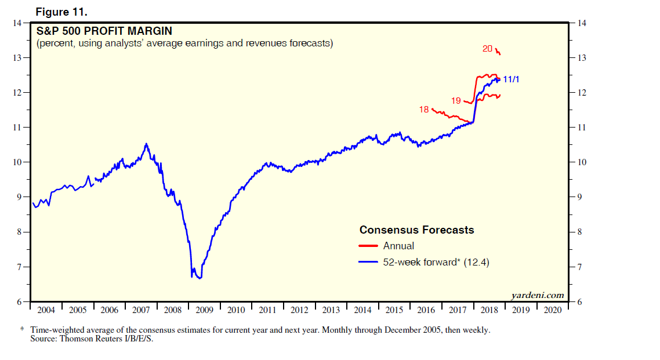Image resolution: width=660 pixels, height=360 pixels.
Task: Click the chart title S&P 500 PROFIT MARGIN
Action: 104,31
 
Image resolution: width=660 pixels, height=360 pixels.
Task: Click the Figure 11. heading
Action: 66,12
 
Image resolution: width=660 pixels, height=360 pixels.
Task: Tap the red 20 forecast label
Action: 488,49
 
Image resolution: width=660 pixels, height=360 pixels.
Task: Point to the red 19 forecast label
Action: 456,101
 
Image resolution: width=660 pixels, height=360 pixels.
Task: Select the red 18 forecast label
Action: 423,109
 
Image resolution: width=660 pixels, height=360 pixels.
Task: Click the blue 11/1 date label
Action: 511,79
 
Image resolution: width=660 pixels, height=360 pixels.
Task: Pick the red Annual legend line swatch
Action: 369,246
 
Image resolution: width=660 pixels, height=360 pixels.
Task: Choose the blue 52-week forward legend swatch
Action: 369,262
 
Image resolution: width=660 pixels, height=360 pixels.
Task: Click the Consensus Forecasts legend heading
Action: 416,230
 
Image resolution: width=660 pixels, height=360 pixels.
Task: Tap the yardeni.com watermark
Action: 538,295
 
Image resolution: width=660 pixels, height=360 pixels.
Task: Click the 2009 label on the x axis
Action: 204,310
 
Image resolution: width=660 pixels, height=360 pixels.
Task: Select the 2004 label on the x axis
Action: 46,310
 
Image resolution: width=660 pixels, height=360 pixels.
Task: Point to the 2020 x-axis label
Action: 552,310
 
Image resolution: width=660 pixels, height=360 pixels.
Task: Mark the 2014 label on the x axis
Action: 362,310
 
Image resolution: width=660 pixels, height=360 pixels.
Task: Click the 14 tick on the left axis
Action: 16,23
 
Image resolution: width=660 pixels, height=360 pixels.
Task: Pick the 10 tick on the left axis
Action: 16,162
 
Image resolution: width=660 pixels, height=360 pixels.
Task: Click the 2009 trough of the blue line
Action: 200,278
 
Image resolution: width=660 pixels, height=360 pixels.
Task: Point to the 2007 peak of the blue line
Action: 146,144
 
